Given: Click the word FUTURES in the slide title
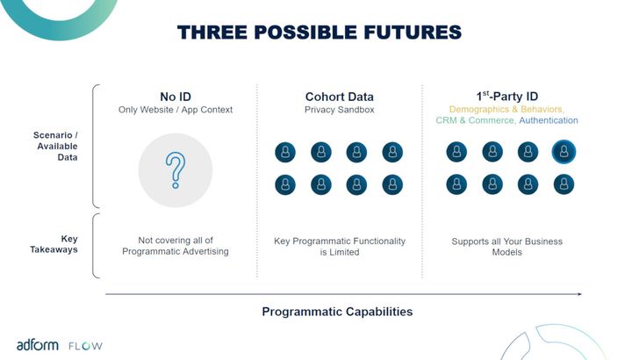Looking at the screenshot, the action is (413, 32).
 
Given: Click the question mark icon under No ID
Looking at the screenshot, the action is (176, 170).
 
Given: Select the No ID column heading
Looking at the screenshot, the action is (176, 97).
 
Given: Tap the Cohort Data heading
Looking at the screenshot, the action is (340, 97).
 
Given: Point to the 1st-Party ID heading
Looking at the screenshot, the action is (507, 97).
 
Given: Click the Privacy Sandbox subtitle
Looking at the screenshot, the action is (340, 110).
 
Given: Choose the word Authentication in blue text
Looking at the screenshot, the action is (549, 120).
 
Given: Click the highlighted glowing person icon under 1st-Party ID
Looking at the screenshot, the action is (564, 152).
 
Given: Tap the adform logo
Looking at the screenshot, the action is (38, 345).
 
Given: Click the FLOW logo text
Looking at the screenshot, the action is (86, 346).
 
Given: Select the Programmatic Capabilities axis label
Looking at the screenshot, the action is (337, 312).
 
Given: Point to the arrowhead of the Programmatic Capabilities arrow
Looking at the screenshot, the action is (579, 294).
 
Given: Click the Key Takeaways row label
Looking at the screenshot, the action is (54, 244).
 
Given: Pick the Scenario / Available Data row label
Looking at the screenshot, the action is (55, 146).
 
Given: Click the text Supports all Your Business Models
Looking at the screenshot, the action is (507, 247).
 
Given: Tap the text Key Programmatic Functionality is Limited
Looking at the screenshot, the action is (340, 247).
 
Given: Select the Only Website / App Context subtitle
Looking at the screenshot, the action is (176, 110).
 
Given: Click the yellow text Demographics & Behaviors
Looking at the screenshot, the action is (506, 109).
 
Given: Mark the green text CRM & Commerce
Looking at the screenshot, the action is (476, 120).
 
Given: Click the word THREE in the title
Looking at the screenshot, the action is (212, 32).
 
